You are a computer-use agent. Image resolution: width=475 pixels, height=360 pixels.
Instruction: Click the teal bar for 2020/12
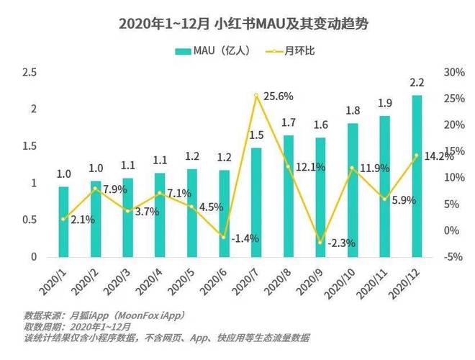[417, 176]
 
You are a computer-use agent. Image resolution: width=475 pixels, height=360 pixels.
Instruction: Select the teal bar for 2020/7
[256, 202]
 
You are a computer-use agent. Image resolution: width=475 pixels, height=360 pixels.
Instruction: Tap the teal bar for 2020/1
[64, 221]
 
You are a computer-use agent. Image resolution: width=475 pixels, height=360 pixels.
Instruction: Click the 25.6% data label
[278, 96]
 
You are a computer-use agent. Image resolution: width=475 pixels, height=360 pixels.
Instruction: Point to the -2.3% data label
[342, 243]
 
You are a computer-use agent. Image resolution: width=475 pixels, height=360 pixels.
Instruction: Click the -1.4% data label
[245, 238]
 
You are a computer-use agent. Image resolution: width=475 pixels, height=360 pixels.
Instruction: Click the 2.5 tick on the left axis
[30, 72]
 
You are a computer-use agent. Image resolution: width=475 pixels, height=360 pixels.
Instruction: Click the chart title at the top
[237, 24]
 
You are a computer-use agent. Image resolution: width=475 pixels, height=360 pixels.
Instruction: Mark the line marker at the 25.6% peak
[256, 95]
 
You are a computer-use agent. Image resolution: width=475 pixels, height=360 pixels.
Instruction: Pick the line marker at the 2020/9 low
[320, 242]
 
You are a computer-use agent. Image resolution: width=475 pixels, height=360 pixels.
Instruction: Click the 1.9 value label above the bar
[385, 103]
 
